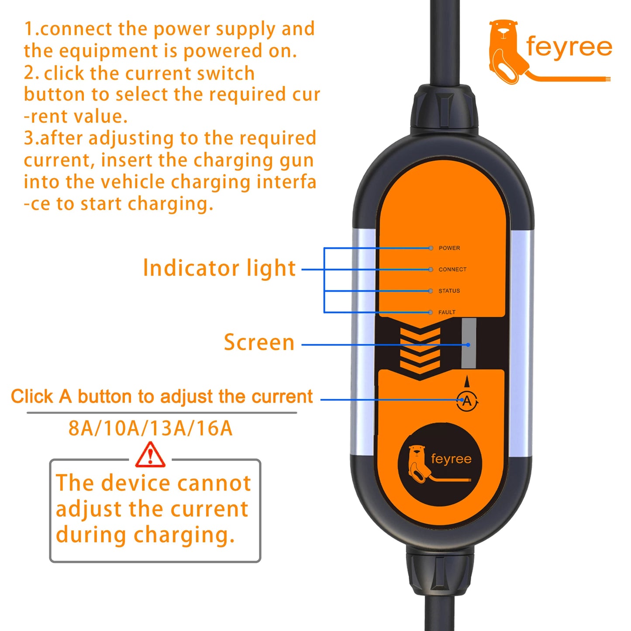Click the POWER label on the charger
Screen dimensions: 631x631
[x=449, y=248]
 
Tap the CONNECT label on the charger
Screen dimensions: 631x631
[x=452, y=269]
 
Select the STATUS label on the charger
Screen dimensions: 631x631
[x=449, y=291]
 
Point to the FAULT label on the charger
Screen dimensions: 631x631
[x=447, y=312]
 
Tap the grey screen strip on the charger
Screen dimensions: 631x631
[x=469, y=343]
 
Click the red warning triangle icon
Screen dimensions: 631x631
[x=150, y=455]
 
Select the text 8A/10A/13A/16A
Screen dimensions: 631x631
[x=150, y=428]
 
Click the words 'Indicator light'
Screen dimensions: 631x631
[x=219, y=268]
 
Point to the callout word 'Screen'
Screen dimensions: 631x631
[x=259, y=342]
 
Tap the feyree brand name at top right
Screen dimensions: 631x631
[x=569, y=47]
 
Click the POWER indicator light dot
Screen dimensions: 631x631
[x=431, y=248]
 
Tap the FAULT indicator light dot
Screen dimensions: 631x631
[x=431, y=312]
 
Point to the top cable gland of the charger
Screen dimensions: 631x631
[x=444, y=109]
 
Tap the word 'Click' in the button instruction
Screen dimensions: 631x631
[x=32, y=397]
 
